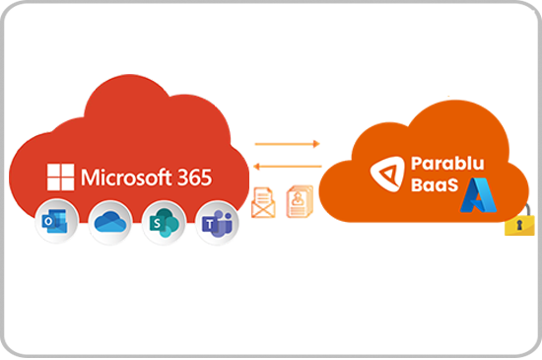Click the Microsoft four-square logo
61,178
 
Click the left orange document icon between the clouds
263,201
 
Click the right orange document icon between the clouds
295,201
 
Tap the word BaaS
432,191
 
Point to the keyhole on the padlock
519,227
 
